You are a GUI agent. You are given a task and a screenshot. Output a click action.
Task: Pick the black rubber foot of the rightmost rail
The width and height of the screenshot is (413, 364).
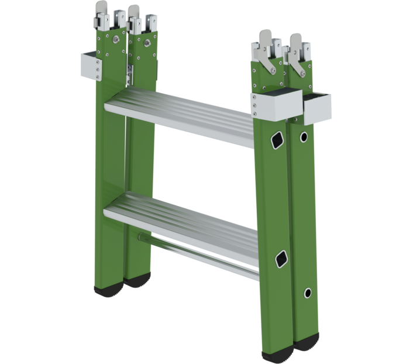(305, 342)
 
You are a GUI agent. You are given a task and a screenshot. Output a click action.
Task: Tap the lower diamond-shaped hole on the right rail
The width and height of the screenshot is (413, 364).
(283, 257)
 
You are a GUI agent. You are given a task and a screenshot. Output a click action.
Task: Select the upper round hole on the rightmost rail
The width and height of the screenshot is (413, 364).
(303, 137)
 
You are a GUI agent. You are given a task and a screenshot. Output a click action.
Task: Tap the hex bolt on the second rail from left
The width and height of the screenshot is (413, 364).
(143, 41)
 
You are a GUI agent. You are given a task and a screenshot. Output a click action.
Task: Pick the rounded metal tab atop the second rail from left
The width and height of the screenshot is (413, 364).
(134, 12)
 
